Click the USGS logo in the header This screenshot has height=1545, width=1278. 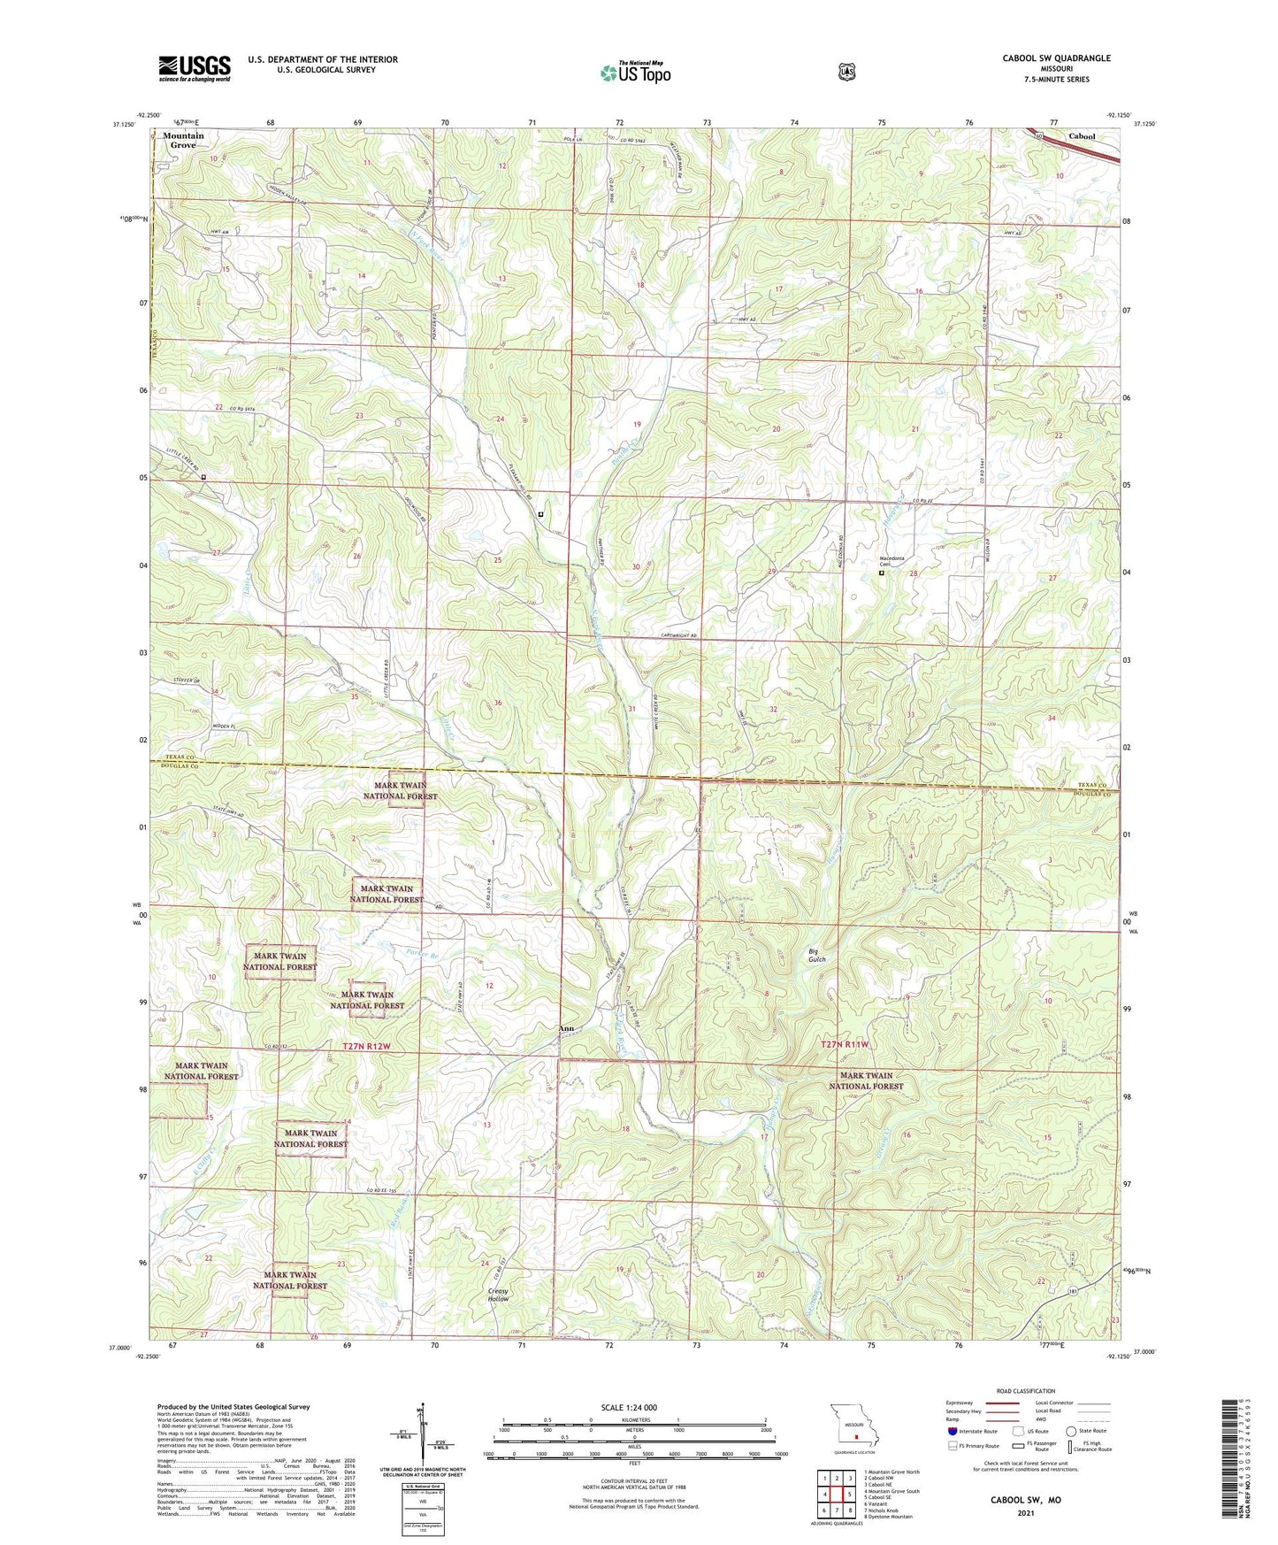tap(195, 68)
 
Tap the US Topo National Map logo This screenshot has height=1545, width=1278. tap(634, 72)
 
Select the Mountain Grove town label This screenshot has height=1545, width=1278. tap(183, 140)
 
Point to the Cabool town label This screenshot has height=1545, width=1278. tap(1082, 136)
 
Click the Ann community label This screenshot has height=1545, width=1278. tap(567, 1028)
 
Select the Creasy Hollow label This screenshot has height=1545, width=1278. tap(499, 1295)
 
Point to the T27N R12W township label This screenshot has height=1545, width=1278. tap(378, 1046)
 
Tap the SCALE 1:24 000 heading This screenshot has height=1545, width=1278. tap(629, 1407)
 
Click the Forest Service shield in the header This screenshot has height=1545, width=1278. tap(846, 71)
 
